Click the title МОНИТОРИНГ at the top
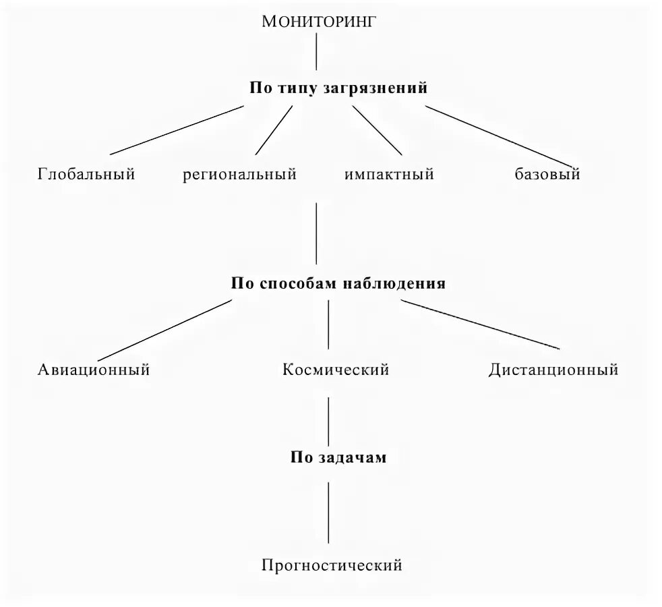[x=317, y=21]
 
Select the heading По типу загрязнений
[x=338, y=88]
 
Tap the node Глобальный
[x=86, y=175]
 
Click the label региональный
[x=239, y=175]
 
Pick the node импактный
[x=389, y=175]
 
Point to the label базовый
[x=547, y=175]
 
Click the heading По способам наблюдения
[x=338, y=283]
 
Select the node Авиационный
[x=93, y=370]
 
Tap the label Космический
[x=336, y=370]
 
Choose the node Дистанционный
[x=553, y=370]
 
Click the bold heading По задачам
[x=338, y=457]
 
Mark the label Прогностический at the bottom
[x=332, y=565]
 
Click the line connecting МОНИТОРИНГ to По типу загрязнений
[x=317, y=51]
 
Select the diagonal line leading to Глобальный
[x=177, y=129]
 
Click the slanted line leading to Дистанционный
[x=480, y=325]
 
